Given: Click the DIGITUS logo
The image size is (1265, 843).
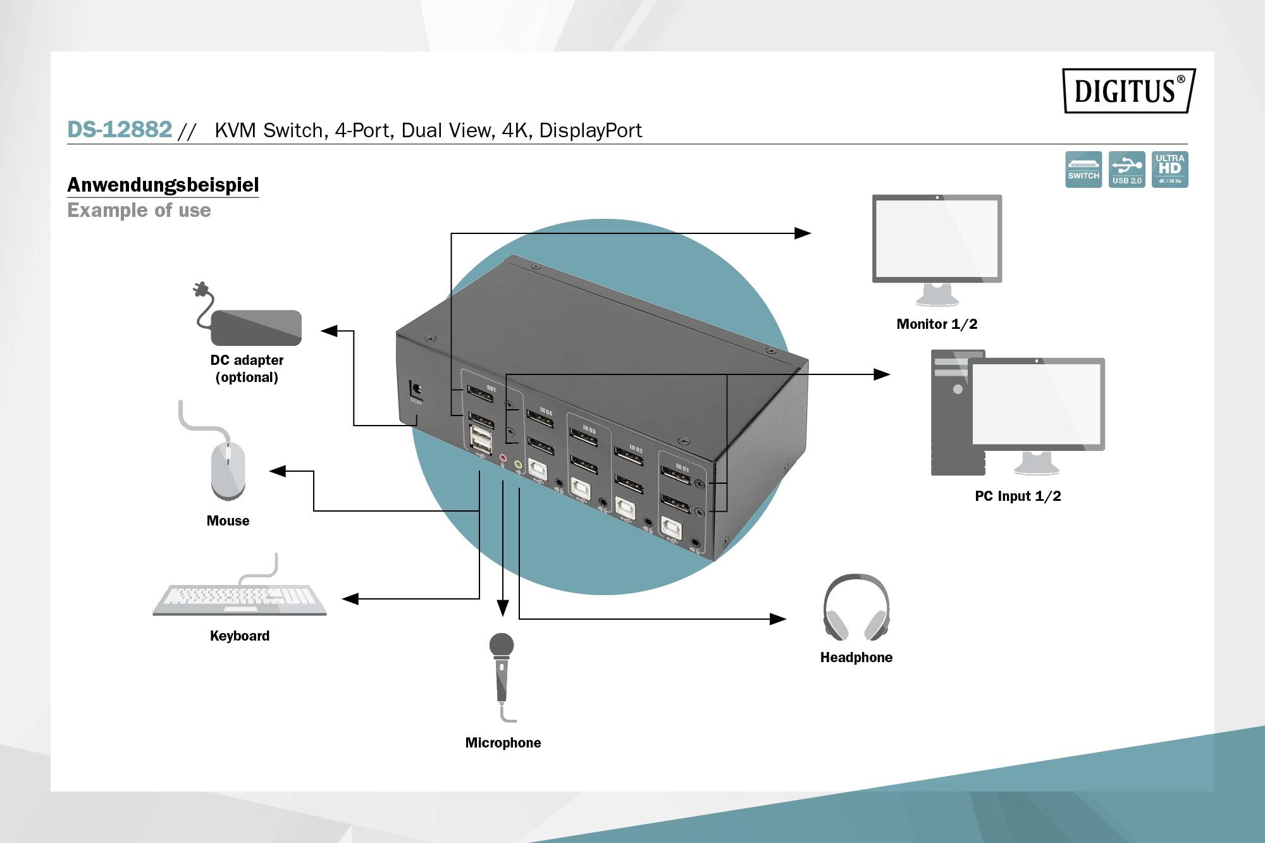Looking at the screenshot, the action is click(1128, 90).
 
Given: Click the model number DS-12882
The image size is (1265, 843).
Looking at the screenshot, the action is click(120, 130).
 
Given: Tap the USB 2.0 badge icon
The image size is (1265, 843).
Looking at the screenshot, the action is click(1126, 169).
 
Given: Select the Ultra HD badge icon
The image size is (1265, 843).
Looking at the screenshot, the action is click(1169, 169).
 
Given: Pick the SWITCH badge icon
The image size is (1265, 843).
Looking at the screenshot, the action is click(1083, 169).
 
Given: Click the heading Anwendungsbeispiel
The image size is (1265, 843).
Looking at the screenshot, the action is click(163, 185).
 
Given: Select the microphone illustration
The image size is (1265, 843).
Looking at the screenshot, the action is click(502, 670).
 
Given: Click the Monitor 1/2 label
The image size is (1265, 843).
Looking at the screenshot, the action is click(937, 324).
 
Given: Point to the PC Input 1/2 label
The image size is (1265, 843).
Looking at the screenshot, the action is click(1018, 496).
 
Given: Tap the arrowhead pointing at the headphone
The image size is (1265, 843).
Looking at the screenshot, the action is click(778, 619).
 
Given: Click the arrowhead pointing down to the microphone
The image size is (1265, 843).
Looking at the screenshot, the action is click(503, 608).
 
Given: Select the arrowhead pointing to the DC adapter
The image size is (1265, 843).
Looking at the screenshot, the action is click(330, 331).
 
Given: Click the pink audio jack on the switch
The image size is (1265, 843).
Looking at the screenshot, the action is click(503, 457).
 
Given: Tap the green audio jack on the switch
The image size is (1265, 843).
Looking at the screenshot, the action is click(518, 465).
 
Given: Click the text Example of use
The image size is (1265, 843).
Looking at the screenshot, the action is click(139, 210).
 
